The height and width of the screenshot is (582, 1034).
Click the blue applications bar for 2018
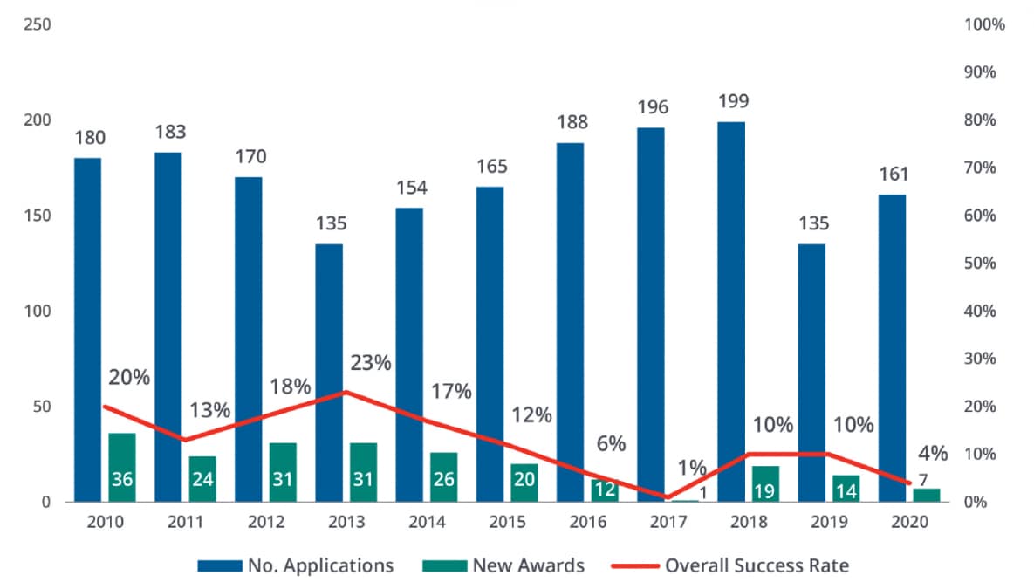(x=731, y=312)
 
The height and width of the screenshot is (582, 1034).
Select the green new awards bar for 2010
(x=121, y=467)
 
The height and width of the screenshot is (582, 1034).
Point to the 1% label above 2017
(x=692, y=468)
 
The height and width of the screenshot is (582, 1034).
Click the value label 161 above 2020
(x=892, y=175)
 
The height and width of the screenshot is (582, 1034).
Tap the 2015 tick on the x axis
(x=507, y=522)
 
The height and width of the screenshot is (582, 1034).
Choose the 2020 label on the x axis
(x=909, y=522)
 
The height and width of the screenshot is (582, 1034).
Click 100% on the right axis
(x=985, y=24)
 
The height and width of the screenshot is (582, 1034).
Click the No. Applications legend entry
(x=296, y=565)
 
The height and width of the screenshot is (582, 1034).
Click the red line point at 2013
(x=346, y=392)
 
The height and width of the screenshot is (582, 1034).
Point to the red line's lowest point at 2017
(x=668, y=497)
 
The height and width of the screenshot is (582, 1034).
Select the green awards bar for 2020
(x=927, y=495)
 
